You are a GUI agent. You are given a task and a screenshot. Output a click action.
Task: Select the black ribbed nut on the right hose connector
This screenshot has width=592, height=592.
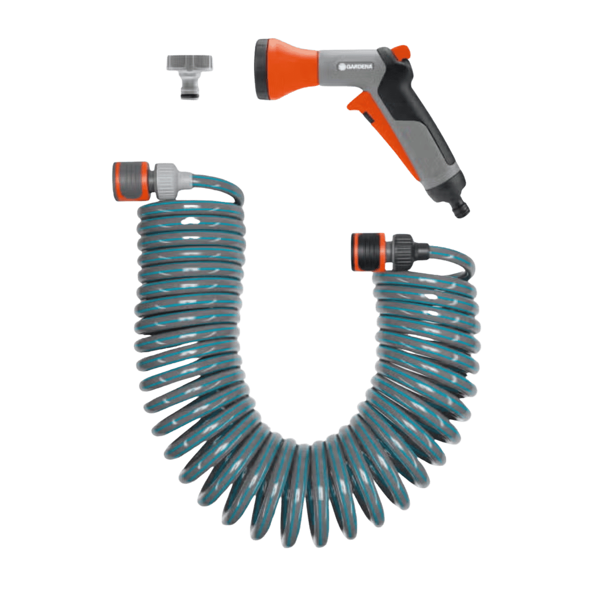pos(402,251)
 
